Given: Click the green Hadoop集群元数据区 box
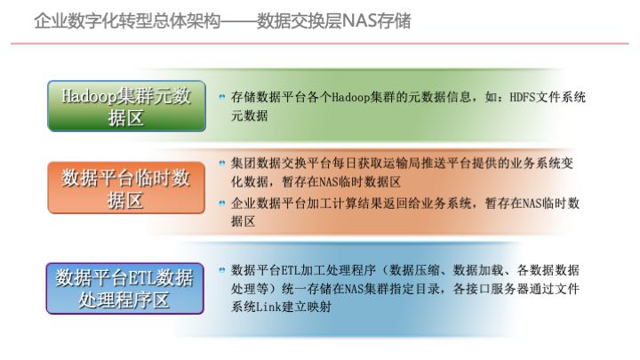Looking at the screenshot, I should coord(125,107).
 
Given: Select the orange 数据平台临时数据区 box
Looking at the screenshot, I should coord(125,188).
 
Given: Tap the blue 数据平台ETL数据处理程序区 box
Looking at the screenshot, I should coord(125,288).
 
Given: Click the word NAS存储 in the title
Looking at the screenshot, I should coord(378,20).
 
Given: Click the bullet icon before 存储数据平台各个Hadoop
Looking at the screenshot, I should coord(222,96).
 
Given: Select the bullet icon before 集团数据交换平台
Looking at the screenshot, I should coord(222,164).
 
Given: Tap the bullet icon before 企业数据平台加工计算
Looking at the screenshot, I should coord(222,204).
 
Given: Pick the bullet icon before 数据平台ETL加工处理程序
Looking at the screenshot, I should coord(222,268).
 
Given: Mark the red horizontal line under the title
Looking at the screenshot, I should coord(320,43).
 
